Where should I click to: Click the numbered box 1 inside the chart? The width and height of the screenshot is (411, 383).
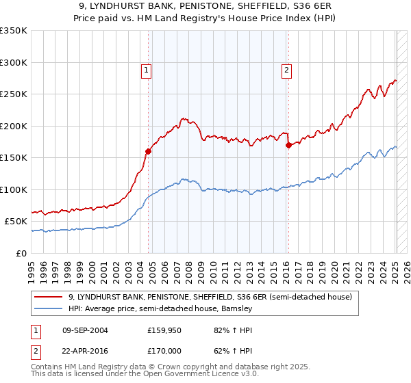[147, 69]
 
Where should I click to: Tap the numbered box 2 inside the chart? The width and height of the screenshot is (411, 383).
[286, 69]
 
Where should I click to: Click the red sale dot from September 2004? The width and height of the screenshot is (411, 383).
[148, 152]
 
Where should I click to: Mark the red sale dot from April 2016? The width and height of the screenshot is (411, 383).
[288, 145]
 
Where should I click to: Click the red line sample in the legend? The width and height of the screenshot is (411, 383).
[49, 298]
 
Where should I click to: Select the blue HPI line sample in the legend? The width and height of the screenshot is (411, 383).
[49, 309]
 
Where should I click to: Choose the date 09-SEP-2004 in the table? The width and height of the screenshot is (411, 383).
[85, 330]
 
